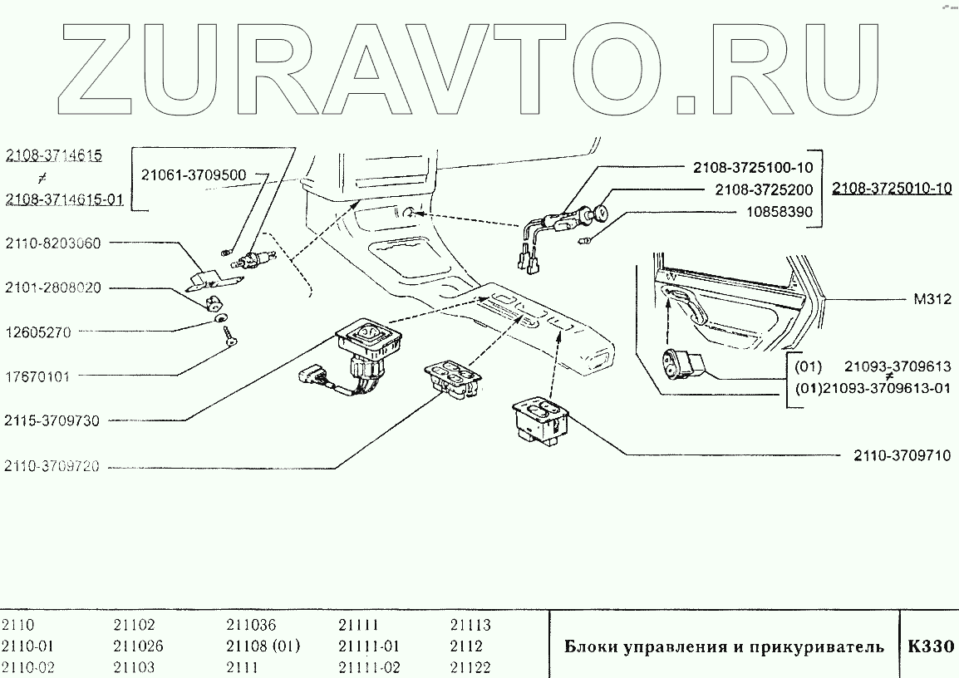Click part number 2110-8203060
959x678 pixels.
(53, 244)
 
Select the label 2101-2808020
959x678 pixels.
(53, 288)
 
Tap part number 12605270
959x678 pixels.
(38, 332)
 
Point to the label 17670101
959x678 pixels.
(38, 376)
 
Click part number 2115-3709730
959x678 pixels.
(52, 420)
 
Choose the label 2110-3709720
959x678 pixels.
(52, 466)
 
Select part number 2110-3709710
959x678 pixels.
(902, 455)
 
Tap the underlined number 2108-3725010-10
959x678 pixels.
(892, 189)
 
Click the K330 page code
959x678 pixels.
(931, 646)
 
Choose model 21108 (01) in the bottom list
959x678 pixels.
(263, 646)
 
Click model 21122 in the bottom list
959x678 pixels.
(470, 667)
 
